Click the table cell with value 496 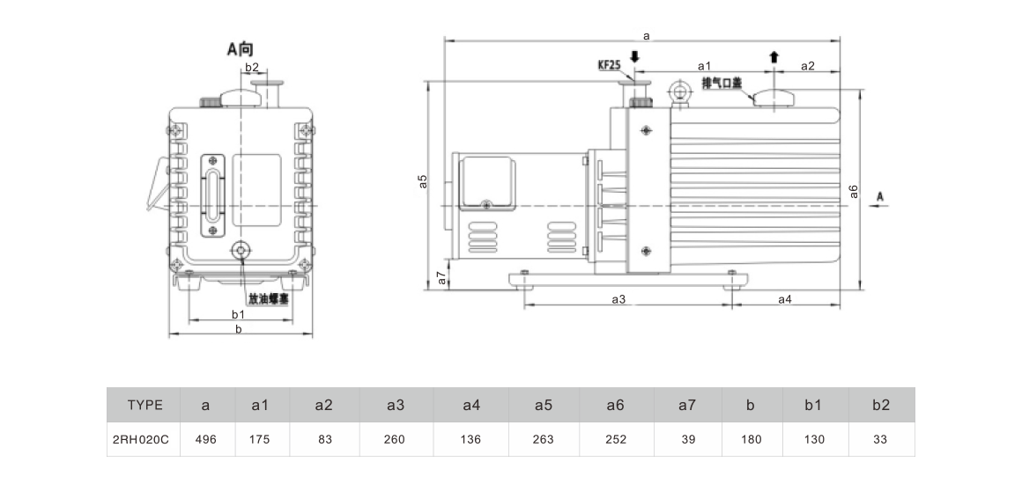205,439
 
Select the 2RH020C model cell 141,439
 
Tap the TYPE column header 144,405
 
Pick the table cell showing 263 543,439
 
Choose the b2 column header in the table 880,405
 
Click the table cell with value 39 688,439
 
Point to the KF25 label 609,65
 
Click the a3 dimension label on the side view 618,299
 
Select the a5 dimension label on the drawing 423,181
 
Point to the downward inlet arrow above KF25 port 635,57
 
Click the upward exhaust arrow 774,56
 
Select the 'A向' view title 240,48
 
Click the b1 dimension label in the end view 239,314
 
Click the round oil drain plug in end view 241,250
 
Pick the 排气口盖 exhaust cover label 722,83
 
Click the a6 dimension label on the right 853,192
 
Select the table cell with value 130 814,439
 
